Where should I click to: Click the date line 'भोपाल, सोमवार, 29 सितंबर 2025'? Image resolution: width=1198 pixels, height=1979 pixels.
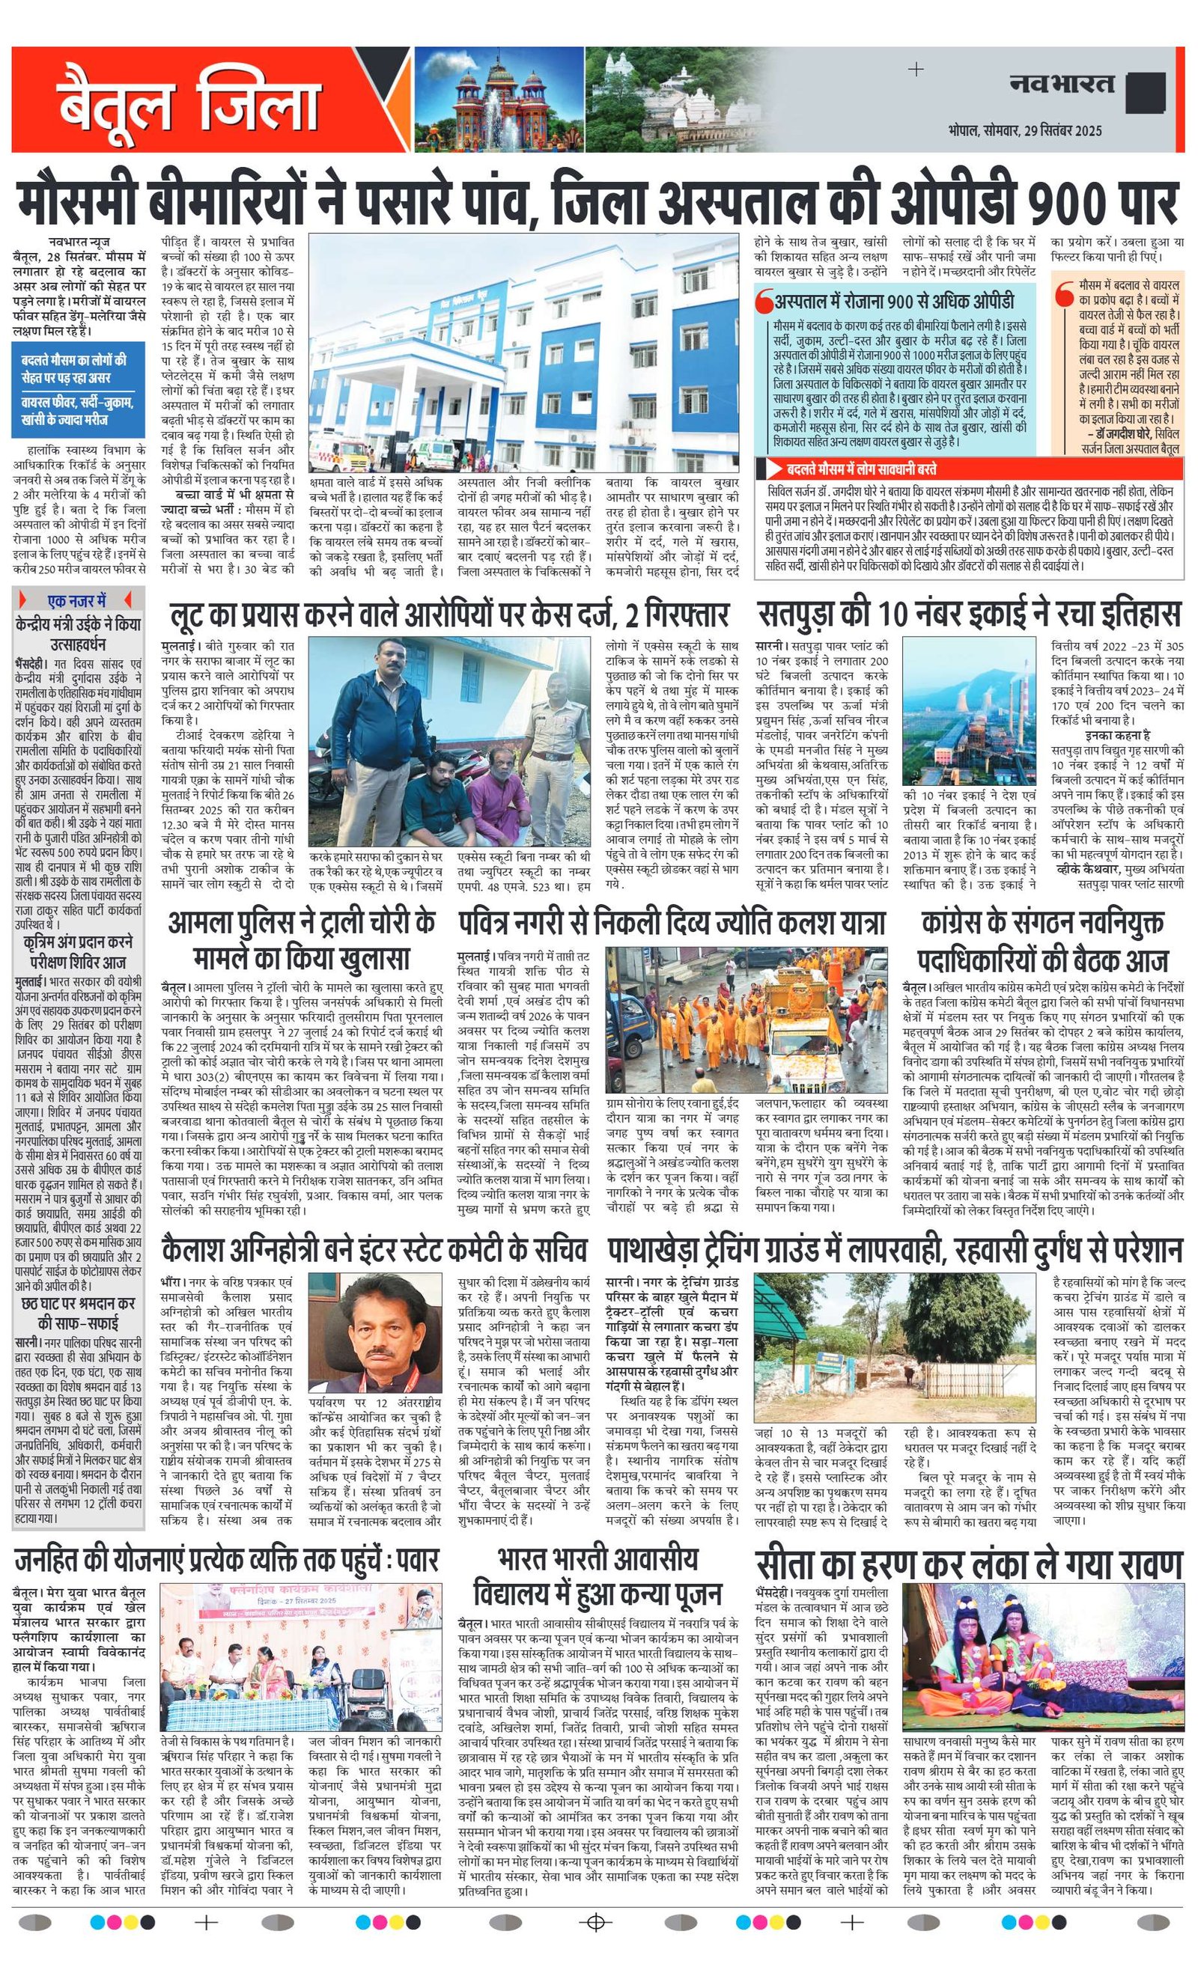coord(1024,130)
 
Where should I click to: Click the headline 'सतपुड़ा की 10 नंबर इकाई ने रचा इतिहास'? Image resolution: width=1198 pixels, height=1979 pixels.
coord(969,615)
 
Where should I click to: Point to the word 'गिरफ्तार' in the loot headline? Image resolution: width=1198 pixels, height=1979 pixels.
coord(684,615)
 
